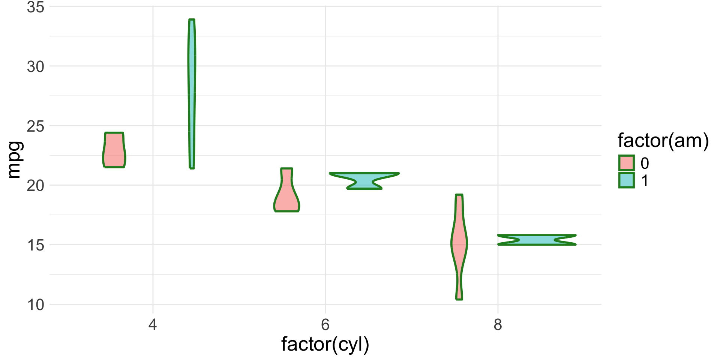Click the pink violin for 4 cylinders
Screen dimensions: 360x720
pyautogui.click(x=114, y=150)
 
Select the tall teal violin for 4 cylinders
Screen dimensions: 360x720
pyautogui.click(x=192, y=94)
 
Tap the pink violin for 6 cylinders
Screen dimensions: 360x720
pyautogui.click(x=286, y=195)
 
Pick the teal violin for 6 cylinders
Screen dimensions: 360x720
pyautogui.click(x=364, y=181)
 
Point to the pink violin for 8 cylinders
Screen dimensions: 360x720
pyautogui.click(x=459, y=244)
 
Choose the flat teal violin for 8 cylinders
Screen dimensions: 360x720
pyautogui.click(x=537, y=240)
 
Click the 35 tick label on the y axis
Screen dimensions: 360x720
pyautogui.click(x=36, y=7)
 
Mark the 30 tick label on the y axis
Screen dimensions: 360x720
pyautogui.click(x=36, y=67)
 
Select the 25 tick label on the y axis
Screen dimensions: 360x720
pyautogui.click(x=36, y=126)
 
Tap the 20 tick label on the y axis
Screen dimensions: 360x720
pyautogui.click(x=36, y=186)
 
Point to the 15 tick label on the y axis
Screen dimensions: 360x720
pyautogui.click(x=36, y=245)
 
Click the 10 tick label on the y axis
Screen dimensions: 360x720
pyautogui.click(x=36, y=305)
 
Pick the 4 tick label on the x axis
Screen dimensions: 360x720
pyautogui.click(x=153, y=325)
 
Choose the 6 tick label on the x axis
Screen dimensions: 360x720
pyautogui.click(x=325, y=325)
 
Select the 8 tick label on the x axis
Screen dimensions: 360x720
pyautogui.click(x=498, y=325)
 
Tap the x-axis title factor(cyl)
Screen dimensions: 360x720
pyautogui.click(x=325, y=344)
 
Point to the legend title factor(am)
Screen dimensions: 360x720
pyautogui.click(x=663, y=141)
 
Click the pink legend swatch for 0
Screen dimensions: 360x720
pyautogui.click(x=626, y=163)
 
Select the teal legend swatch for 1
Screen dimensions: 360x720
pyautogui.click(x=626, y=180)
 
